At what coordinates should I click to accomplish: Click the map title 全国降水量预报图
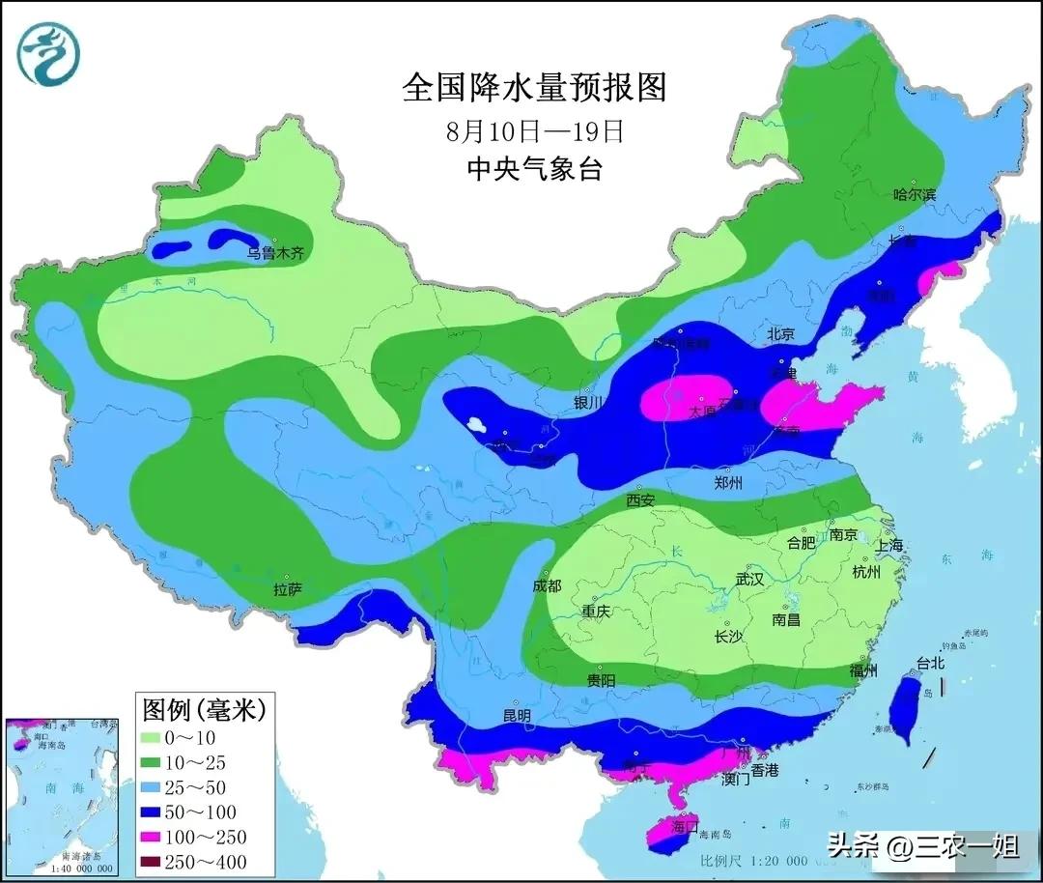(534, 88)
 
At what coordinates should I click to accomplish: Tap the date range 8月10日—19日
(534, 130)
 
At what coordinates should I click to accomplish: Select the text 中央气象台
(534, 169)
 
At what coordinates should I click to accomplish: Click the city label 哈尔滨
(914, 194)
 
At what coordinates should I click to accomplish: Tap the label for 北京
(780, 334)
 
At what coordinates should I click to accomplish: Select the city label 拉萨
(288, 589)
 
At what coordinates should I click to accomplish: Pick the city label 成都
(546, 585)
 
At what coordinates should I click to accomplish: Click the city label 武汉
(749, 580)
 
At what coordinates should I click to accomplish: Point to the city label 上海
(889, 545)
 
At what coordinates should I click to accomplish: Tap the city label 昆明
(517, 716)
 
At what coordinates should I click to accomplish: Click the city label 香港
(765, 770)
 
